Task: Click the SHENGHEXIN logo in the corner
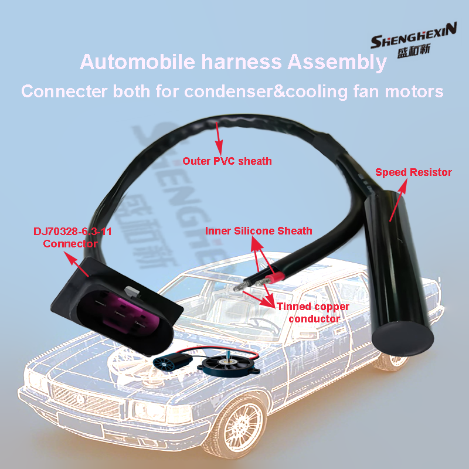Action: click(x=413, y=44)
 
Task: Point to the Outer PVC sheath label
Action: click(x=227, y=161)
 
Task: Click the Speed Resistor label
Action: click(x=413, y=172)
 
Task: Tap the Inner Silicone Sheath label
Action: click(x=259, y=230)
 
